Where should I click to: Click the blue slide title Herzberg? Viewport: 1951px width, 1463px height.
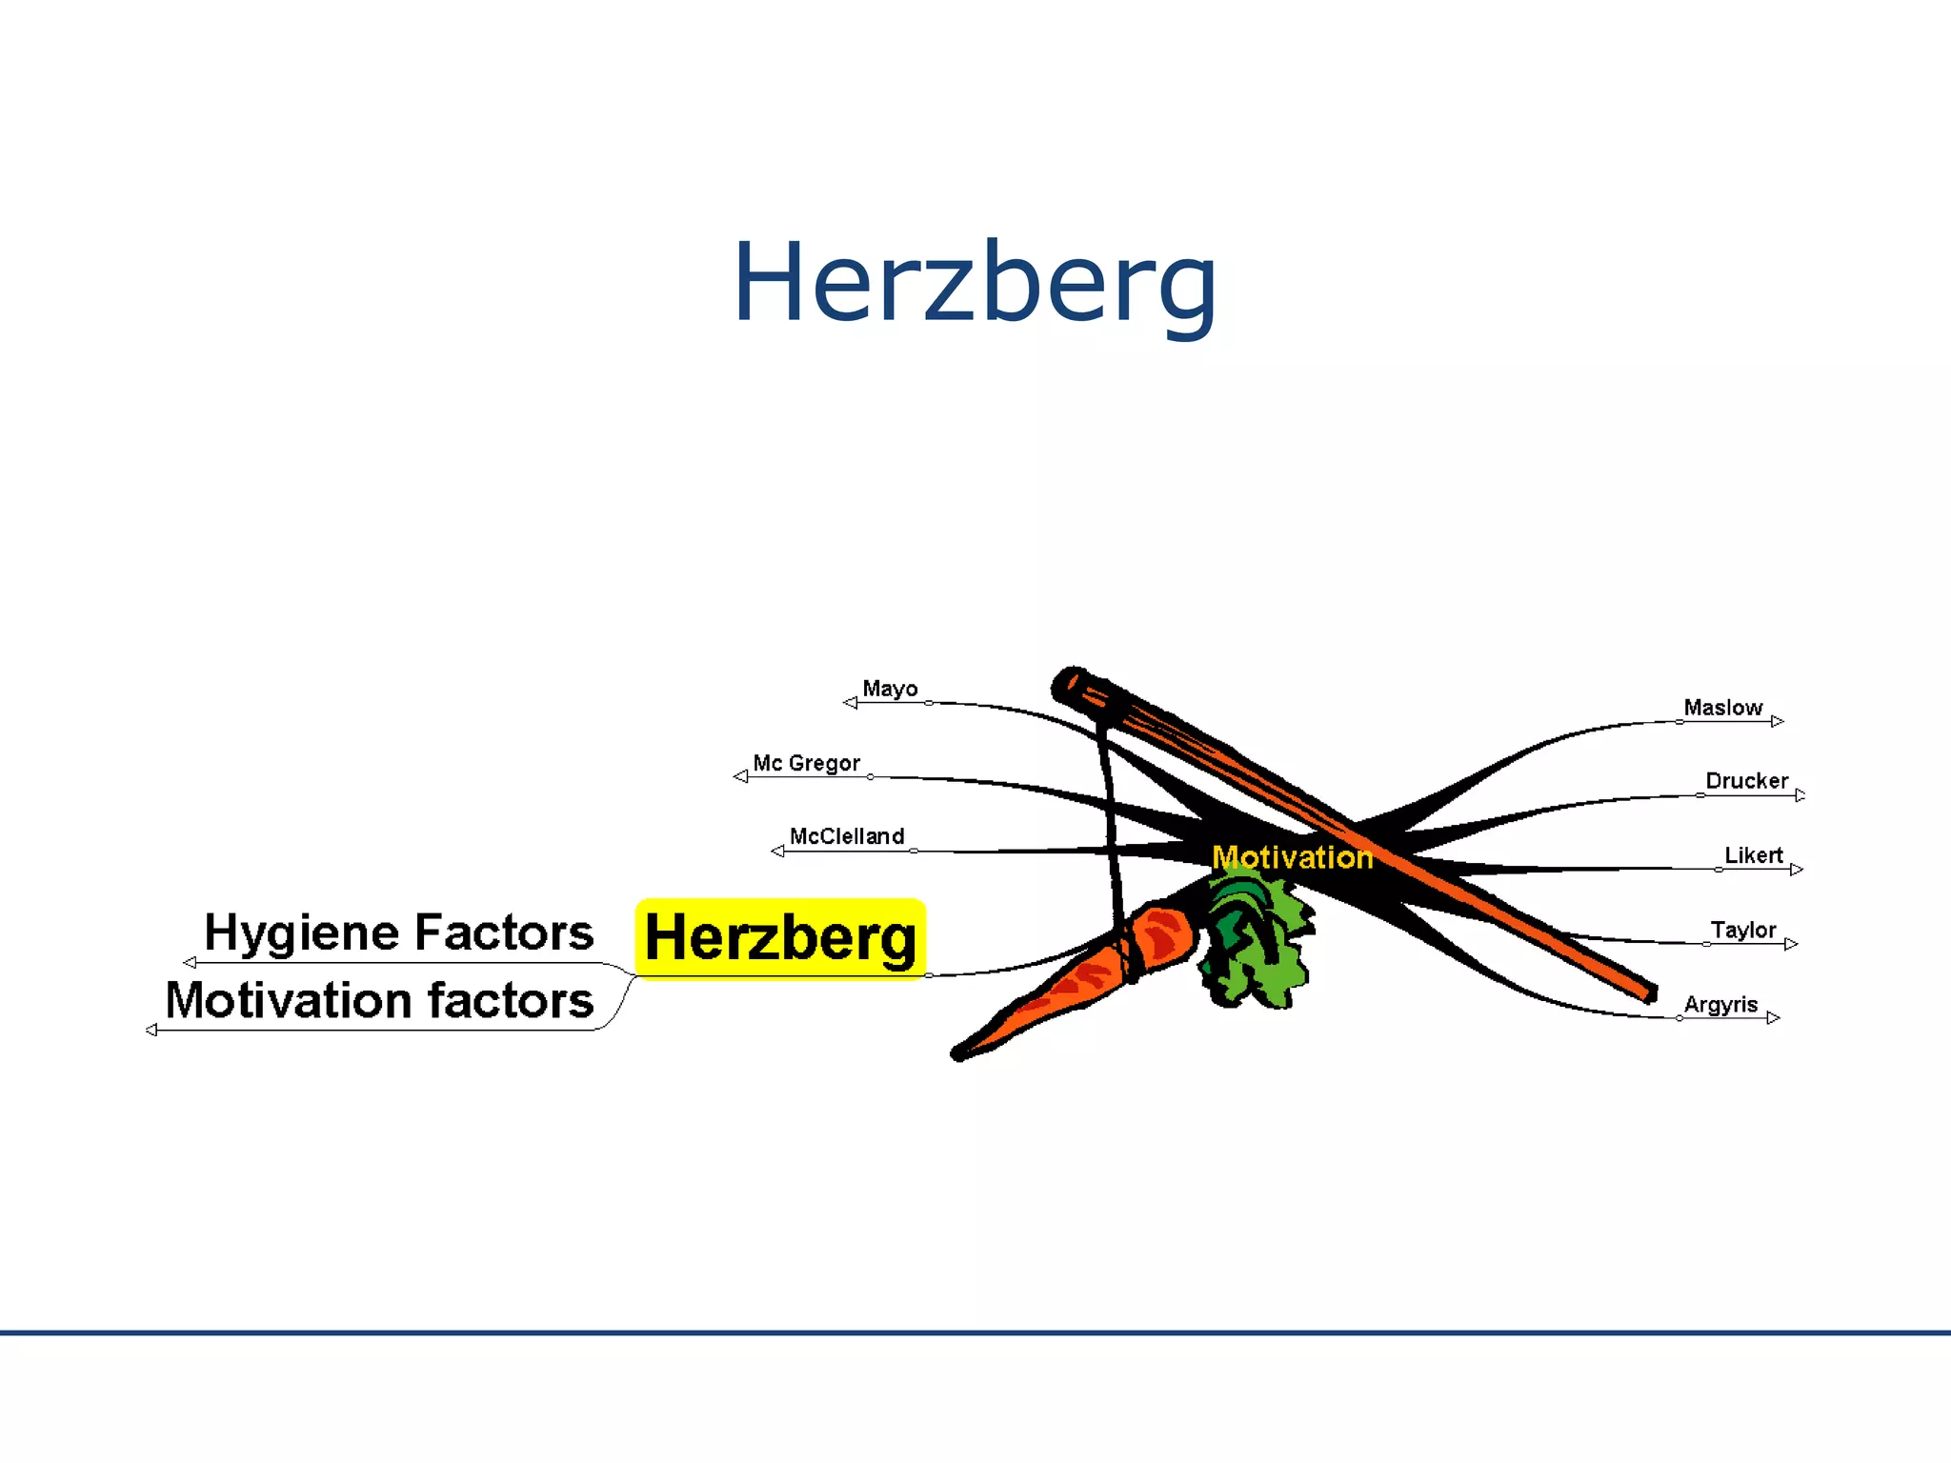pyautogui.click(x=975, y=283)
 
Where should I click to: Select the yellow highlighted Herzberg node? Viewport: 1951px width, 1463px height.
pyautogui.click(x=780, y=938)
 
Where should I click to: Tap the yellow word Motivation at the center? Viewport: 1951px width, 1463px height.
pyautogui.click(x=1292, y=857)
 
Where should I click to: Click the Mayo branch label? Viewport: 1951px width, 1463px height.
pyautogui.click(x=890, y=689)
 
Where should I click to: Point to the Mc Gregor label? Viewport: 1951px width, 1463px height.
pyautogui.click(x=806, y=763)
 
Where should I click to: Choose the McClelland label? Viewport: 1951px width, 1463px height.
pyautogui.click(x=847, y=836)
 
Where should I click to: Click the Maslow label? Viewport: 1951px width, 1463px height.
pyautogui.click(x=1722, y=708)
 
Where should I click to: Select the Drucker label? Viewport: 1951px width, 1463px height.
pyautogui.click(x=1746, y=781)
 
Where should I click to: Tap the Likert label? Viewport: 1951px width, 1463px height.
pyautogui.click(x=1753, y=855)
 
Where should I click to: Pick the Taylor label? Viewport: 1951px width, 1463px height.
pyautogui.click(x=1742, y=930)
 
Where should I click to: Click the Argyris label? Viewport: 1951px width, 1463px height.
pyautogui.click(x=1720, y=1004)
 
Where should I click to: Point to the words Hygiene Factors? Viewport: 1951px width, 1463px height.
pyautogui.click(x=398, y=932)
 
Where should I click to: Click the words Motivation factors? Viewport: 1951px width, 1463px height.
pyautogui.click(x=379, y=1001)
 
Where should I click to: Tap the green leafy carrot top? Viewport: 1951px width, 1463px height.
pyautogui.click(x=1256, y=938)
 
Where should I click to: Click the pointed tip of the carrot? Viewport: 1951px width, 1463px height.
pyautogui.click(x=958, y=1053)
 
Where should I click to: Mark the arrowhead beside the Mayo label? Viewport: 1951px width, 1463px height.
pyautogui.click(x=851, y=703)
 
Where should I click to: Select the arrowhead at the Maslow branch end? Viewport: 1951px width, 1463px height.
pyautogui.click(x=1778, y=721)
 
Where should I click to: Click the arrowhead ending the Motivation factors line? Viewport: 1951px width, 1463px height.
pyautogui.click(x=151, y=1030)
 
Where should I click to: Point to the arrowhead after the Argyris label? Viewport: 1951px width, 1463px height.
pyautogui.click(x=1773, y=1018)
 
